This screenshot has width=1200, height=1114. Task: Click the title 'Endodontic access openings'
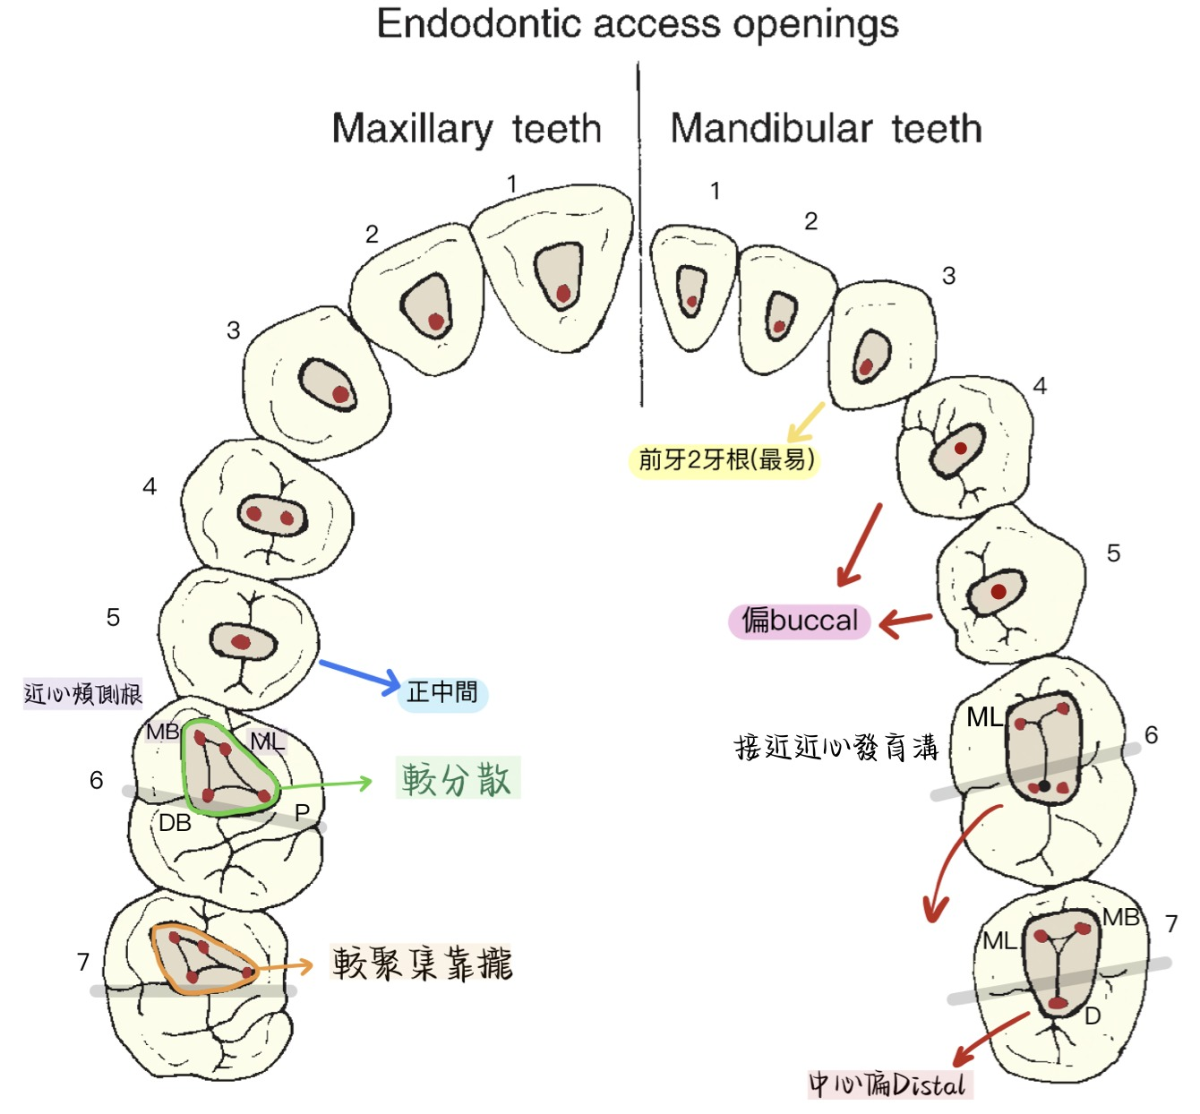coord(638,24)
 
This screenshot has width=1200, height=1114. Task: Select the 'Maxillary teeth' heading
coord(466,129)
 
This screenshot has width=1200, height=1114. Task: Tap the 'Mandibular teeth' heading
coord(826,129)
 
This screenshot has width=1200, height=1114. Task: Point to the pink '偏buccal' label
coord(800,621)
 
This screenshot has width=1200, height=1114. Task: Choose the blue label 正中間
coord(442,692)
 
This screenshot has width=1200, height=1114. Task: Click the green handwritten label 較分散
coord(458,778)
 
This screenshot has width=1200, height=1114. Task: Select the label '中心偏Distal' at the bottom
coord(889,1084)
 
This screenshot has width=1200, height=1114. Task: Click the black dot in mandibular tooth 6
coord(1044,786)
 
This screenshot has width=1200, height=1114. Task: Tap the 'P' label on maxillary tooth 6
coord(303,813)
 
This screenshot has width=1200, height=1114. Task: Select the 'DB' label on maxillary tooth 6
coord(176,822)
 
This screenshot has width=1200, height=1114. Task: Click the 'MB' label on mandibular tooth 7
coord(1120,917)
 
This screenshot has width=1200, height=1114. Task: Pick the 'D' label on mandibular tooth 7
coord(1093,1016)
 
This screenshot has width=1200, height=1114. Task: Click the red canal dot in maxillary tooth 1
coord(563,293)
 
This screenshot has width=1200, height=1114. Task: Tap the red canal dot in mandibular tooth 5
coord(998,592)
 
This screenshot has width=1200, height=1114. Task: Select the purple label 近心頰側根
coord(83,694)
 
